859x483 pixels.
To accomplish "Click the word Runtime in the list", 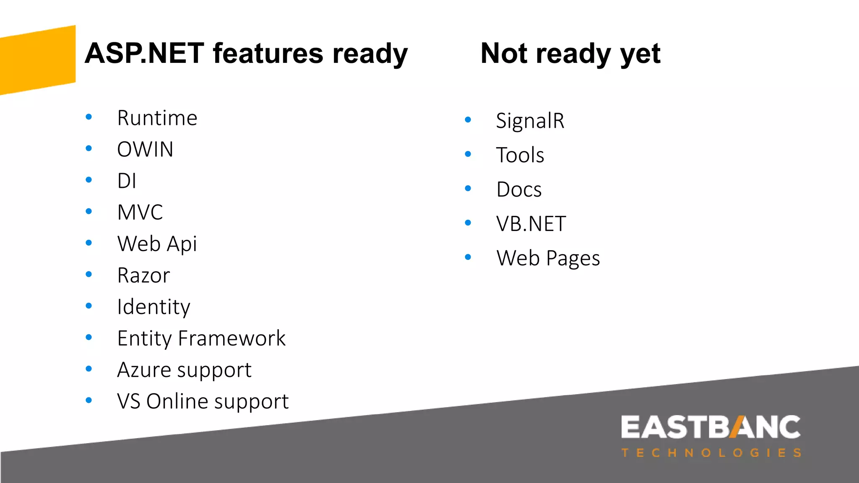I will [157, 118].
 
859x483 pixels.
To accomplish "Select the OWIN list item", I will [145, 150].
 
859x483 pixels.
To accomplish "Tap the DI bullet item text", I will [126, 181].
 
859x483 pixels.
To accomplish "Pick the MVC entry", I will [140, 213].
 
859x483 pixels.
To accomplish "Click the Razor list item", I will [143, 276].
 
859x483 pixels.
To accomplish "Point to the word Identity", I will [154, 307].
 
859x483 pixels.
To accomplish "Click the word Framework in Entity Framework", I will [232, 338].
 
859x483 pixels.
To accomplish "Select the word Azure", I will [144, 370].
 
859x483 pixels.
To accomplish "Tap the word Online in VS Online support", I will [178, 402].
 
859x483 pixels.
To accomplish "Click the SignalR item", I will [530, 121].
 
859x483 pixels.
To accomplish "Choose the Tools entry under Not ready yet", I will [520, 156].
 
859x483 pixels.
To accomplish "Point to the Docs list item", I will [519, 190].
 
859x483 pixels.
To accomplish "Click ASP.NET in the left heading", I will [144, 54].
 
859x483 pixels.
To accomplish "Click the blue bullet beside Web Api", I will [89, 243].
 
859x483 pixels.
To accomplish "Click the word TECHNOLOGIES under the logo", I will [711, 453].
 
